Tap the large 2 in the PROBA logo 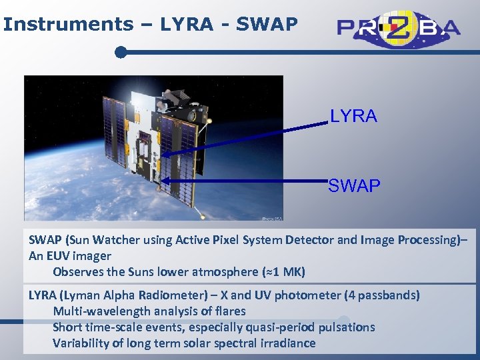coord(401,27)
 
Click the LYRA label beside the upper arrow coord(353,117)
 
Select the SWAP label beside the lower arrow coord(354,186)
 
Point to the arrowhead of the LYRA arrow coord(164,155)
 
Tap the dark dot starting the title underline coord(121,51)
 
